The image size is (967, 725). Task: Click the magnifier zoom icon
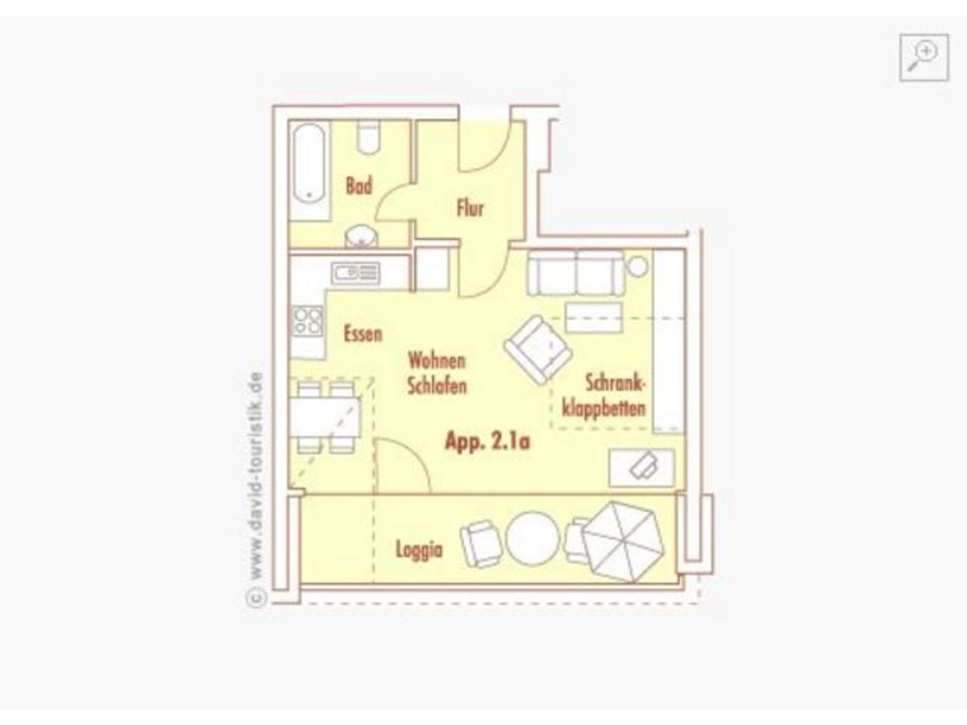pos(923,57)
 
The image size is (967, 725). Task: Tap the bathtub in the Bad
pos(309,164)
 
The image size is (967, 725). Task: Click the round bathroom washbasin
pos(361,238)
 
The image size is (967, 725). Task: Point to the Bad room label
pos(359,185)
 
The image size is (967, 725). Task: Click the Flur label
pos(470,208)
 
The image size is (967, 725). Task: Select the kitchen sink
pos(356,273)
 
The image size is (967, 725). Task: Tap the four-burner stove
pos(308,321)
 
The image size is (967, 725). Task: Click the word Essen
pos(363,333)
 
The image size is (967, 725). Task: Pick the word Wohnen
pos(437,361)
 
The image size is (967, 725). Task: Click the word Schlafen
pos(437,386)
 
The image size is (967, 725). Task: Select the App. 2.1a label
pos(488,441)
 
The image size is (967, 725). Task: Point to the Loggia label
pos(419,550)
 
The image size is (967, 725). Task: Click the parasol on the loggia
pos(623,542)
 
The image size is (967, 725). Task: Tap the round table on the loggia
pos(533,538)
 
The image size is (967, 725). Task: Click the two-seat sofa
pos(576,272)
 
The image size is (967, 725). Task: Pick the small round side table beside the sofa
pos(637,267)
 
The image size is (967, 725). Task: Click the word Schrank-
pos(615,383)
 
